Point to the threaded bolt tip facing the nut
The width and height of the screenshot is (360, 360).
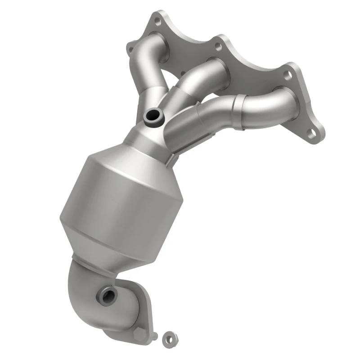tap(155, 336)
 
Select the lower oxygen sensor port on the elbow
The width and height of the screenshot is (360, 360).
tap(108, 295)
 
